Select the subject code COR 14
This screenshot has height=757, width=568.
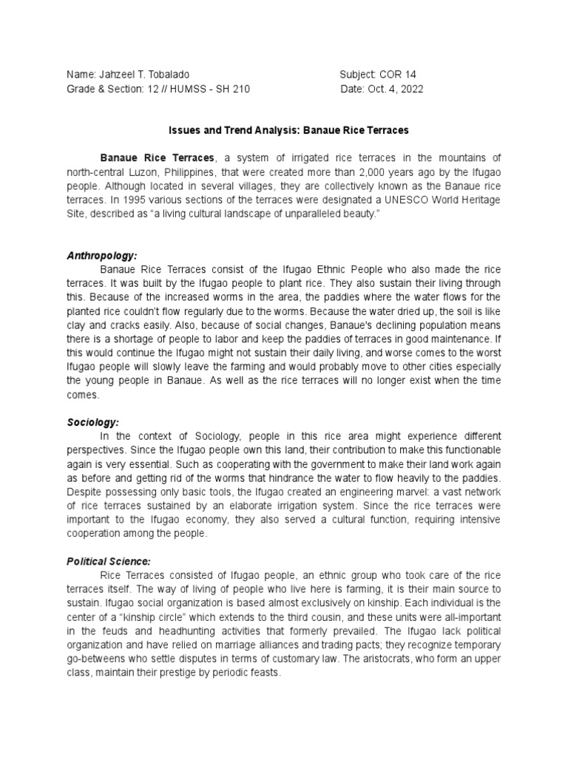pos(403,75)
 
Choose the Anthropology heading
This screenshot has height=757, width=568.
pos(102,255)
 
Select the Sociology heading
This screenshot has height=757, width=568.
pos(92,422)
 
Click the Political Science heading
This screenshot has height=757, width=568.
pos(108,562)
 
